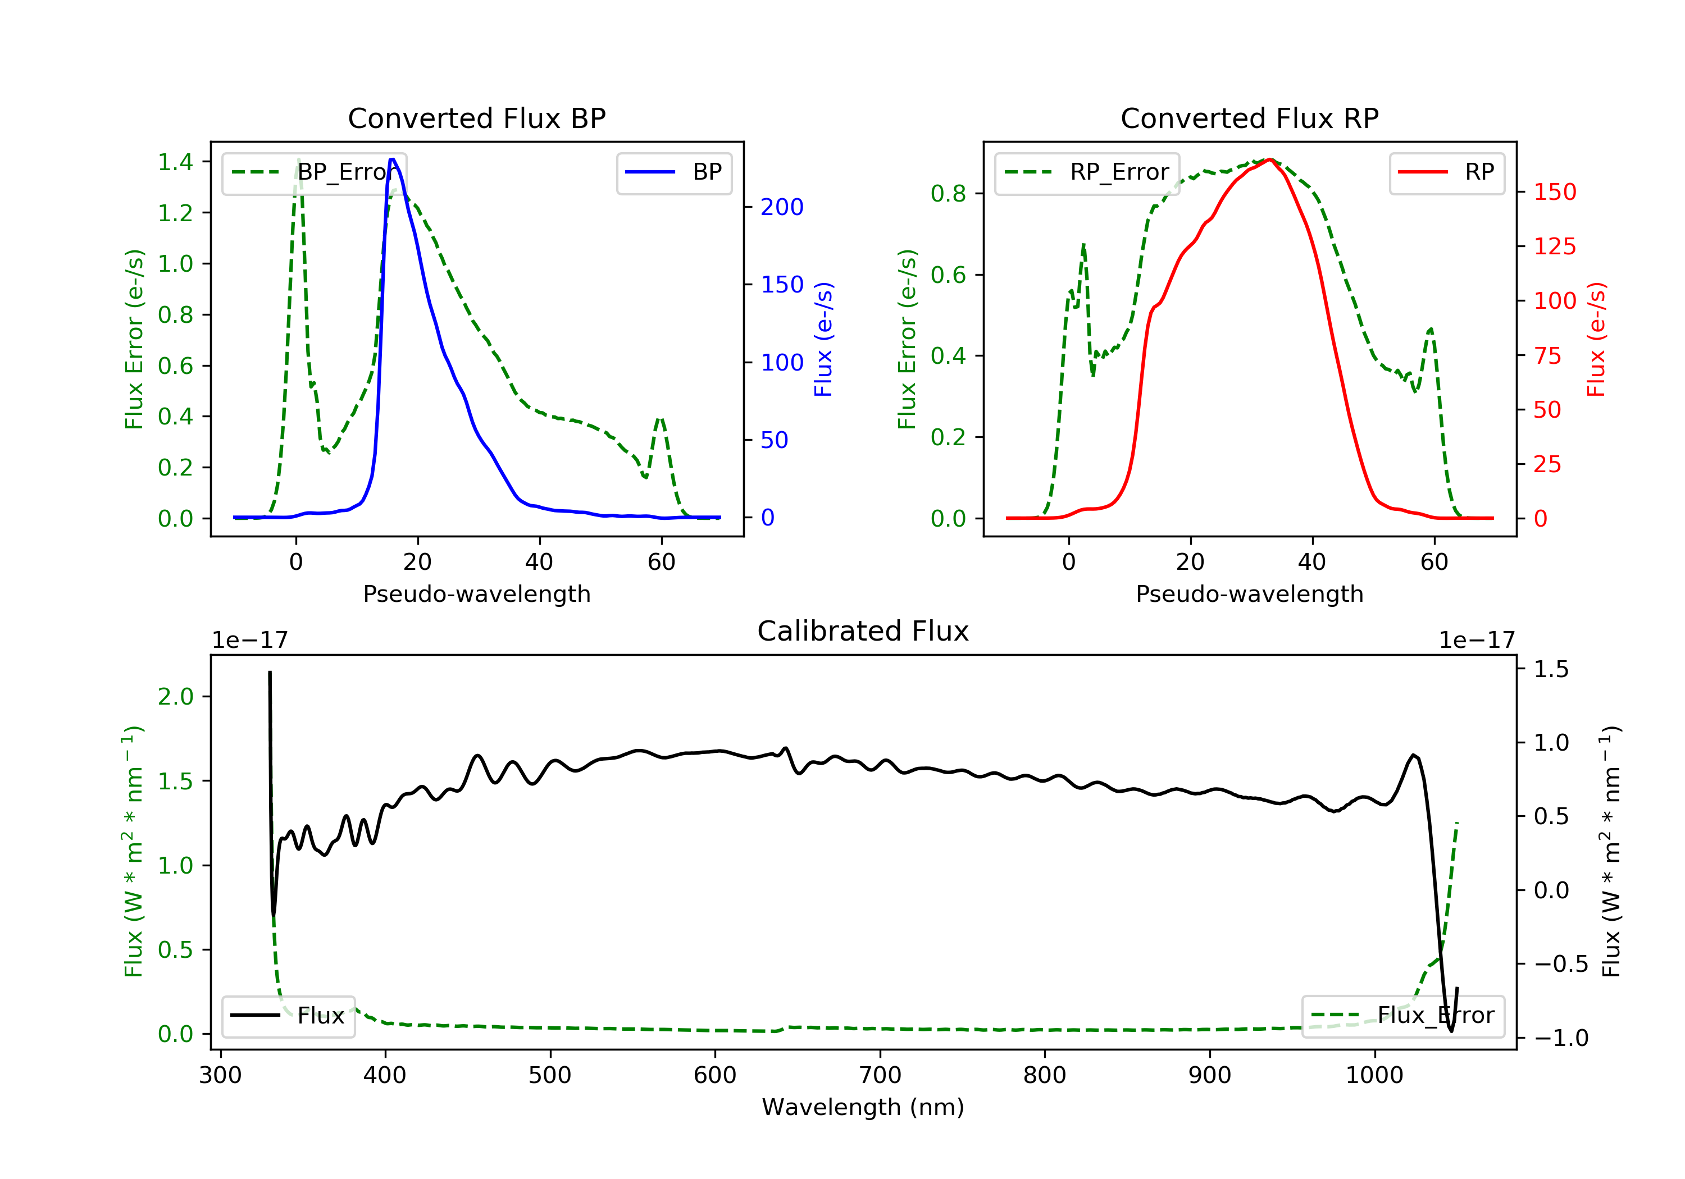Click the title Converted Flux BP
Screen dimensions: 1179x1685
[476, 118]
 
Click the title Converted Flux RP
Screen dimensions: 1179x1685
[1249, 118]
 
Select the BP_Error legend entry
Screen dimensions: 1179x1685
[314, 172]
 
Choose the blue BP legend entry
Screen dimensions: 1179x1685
[673, 172]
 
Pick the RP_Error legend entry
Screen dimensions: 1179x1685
[1087, 172]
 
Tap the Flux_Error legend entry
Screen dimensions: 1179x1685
[1402, 1016]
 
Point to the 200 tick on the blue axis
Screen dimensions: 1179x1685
[782, 208]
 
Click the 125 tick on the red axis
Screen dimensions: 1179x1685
[1554, 246]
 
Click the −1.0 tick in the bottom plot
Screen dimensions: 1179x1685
[1561, 1038]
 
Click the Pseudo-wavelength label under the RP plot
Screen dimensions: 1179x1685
[1249, 593]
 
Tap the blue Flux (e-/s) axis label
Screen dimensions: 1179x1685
[823, 339]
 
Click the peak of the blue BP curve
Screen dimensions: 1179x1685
[393, 159]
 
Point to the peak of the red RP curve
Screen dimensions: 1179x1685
[1269, 159]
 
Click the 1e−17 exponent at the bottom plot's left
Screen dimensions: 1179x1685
[249, 641]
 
